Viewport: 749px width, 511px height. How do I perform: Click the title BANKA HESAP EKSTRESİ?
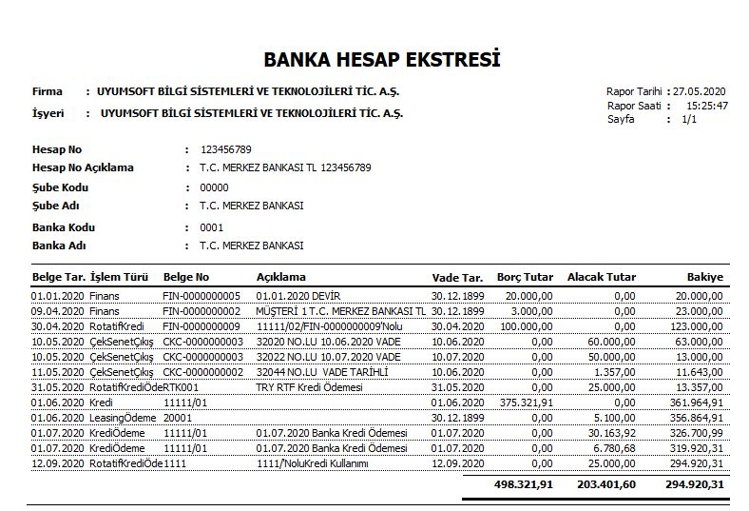coord(382,60)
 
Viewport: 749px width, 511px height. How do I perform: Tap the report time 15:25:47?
coord(708,106)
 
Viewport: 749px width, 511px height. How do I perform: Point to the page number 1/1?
coord(689,120)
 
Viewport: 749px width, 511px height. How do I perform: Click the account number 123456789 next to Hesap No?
coord(225,150)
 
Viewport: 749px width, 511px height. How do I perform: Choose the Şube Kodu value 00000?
coord(214,187)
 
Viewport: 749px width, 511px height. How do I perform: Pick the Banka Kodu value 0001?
coord(211,227)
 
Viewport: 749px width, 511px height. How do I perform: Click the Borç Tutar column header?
coord(525,277)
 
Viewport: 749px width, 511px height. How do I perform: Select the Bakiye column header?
coord(705,277)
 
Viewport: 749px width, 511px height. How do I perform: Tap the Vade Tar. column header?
coord(457,277)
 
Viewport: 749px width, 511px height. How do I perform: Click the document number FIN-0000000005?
coord(202,296)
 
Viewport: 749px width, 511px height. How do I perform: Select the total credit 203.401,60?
coord(605,484)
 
